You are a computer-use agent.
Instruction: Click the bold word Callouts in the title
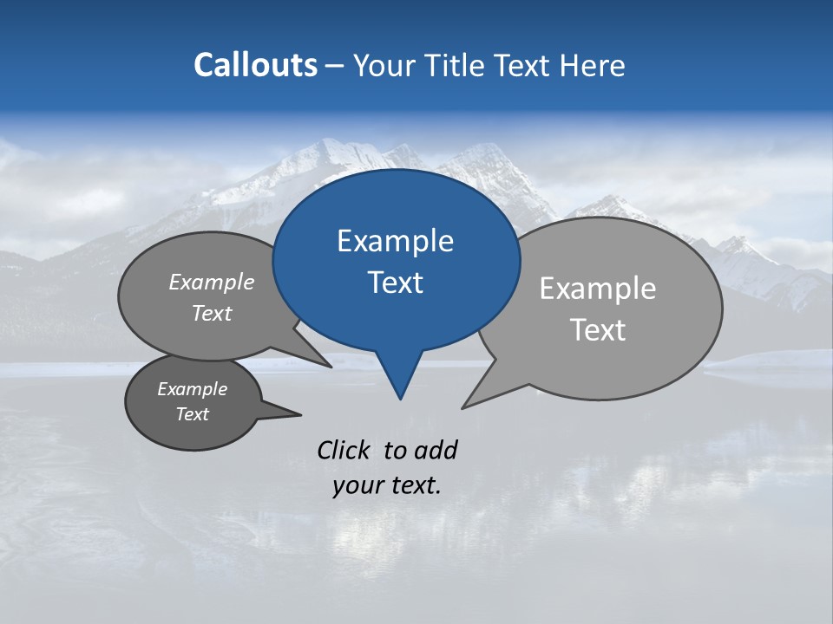coord(255,65)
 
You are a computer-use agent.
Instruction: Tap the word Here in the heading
coord(593,65)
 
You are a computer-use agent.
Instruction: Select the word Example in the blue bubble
coord(395,241)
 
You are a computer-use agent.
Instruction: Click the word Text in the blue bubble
coord(395,283)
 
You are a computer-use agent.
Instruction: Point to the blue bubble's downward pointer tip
coord(400,398)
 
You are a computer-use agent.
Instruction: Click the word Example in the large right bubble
coord(597,289)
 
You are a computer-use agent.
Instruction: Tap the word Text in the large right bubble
coord(597,330)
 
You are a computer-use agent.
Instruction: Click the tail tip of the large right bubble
coord(463,406)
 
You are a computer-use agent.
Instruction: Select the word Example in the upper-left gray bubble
coord(211,282)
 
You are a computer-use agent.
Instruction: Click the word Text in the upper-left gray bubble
coord(211,313)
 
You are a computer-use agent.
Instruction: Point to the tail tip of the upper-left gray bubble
coord(331,367)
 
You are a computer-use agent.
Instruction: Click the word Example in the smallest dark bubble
coord(192,389)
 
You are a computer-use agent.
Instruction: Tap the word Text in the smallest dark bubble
coord(192,414)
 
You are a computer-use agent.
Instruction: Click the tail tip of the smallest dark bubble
coord(300,414)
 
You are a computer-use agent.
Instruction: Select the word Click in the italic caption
coord(343,450)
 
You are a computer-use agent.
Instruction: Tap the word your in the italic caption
coord(357,485)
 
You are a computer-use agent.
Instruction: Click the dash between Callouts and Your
coord(335,66)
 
